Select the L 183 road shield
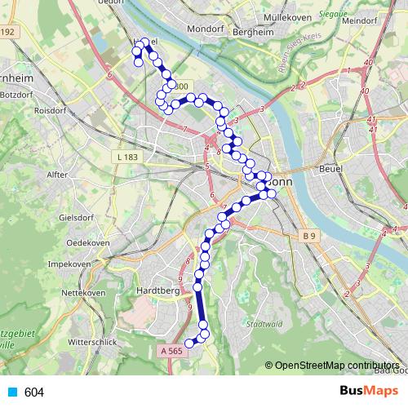pyautogui.click(x=128, y=156)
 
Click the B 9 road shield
pyautogui.click(x=308, y=237)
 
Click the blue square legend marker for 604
pyautogui.click(x=12, y=392)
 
